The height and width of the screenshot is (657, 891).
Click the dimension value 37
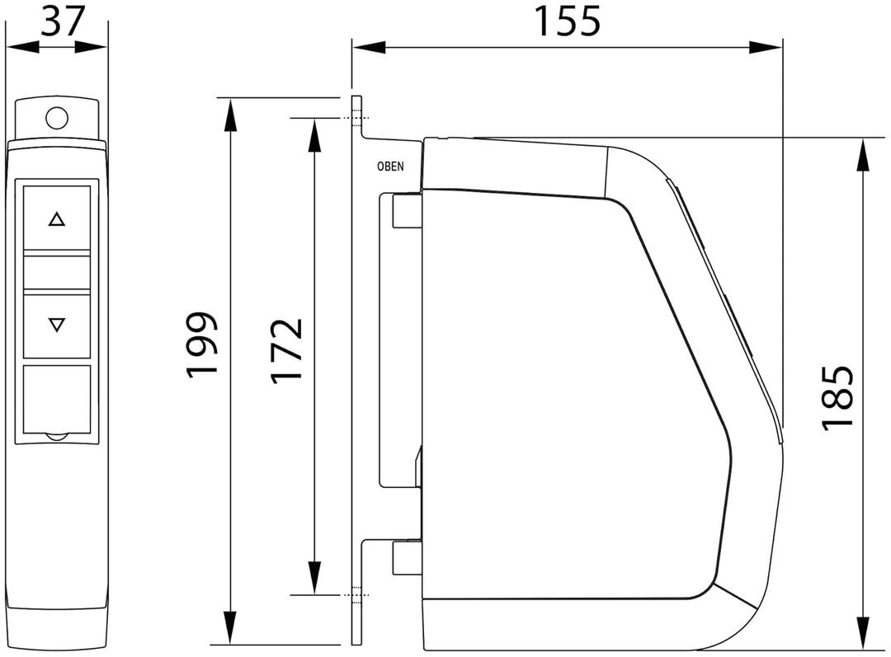(63, 21)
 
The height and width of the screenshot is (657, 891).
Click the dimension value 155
(568, 21)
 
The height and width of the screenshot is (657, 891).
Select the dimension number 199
(202, 344)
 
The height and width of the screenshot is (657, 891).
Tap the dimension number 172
(287, 351)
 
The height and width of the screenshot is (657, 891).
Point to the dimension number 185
(838, 398)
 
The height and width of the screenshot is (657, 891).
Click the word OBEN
(390, 167)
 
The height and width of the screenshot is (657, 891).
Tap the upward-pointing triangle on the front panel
(57, 219)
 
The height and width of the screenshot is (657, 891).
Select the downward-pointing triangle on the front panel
(57, 325)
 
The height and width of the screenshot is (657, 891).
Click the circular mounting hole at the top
(57, 119)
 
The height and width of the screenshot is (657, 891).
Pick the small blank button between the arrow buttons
(57, 273)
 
